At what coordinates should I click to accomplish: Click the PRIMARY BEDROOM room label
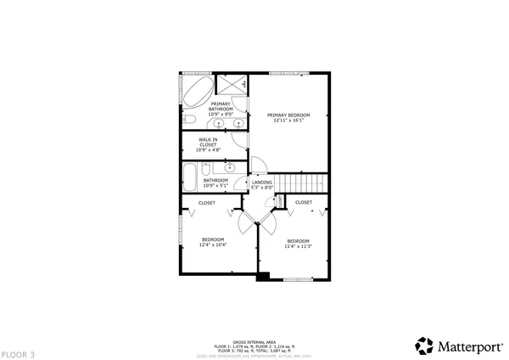point(288,115)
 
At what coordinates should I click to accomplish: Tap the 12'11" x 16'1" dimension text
point(288,121)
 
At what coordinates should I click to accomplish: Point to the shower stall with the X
point(232,86)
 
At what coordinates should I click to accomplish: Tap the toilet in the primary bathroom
point(190,119)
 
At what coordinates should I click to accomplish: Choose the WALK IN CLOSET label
point(208,142)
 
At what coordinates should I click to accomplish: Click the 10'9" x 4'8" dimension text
point(208,150)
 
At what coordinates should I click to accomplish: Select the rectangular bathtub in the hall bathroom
point(191,180)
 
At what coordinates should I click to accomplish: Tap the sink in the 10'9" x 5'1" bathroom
point(230,167)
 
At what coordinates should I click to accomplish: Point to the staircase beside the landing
point(305,183)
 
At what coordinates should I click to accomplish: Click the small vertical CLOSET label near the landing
point(279,200)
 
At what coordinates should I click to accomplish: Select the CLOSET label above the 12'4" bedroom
point(207,203)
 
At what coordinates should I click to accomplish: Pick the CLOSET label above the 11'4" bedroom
point(304,202)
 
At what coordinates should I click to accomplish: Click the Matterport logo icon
point(423,346)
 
